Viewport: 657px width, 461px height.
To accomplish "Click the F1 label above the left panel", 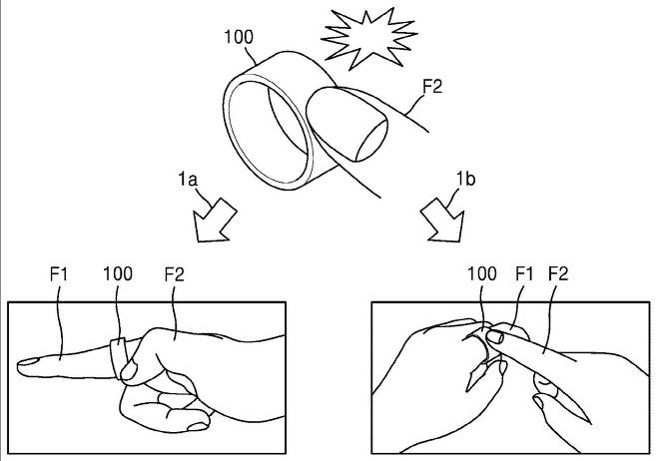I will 57,271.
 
